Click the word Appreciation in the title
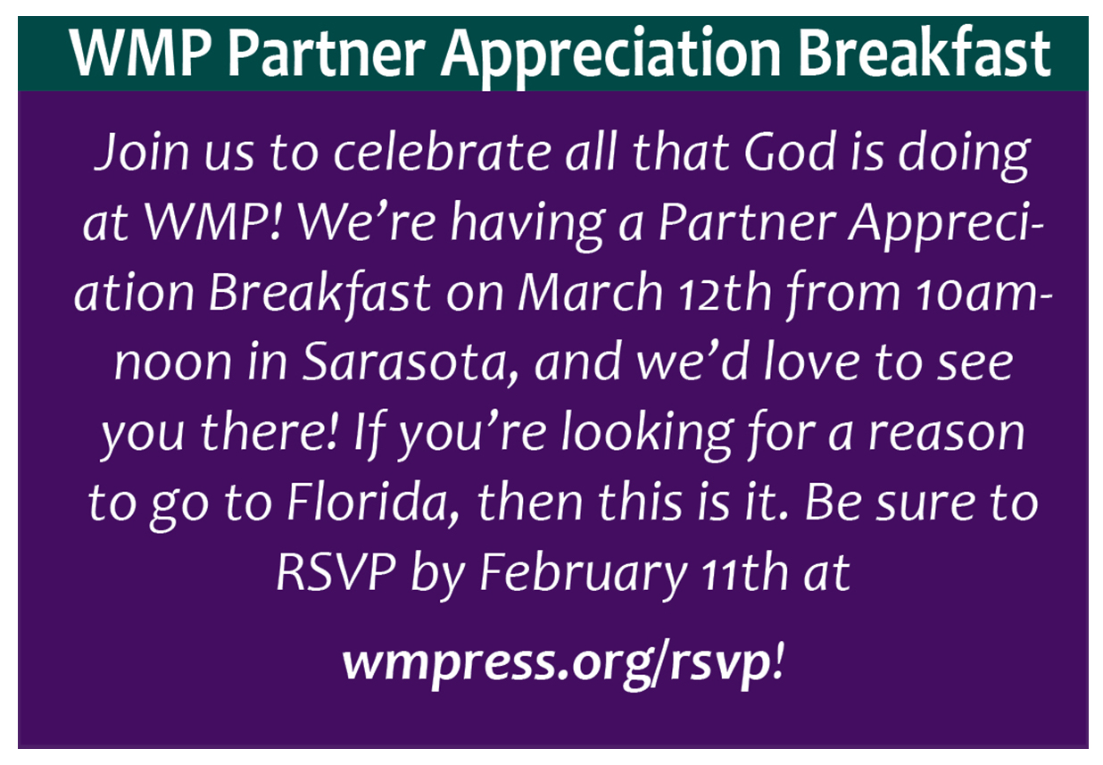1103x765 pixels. (x=610, y=55)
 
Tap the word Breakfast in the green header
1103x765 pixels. (x=924, y=52)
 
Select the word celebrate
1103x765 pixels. (x=442, y=151)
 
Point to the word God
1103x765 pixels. (x=790, y=151)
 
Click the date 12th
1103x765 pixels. (x=726, y=293)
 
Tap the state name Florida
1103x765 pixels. (x=373, y=504)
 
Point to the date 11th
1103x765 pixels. (x=744, y=573)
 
